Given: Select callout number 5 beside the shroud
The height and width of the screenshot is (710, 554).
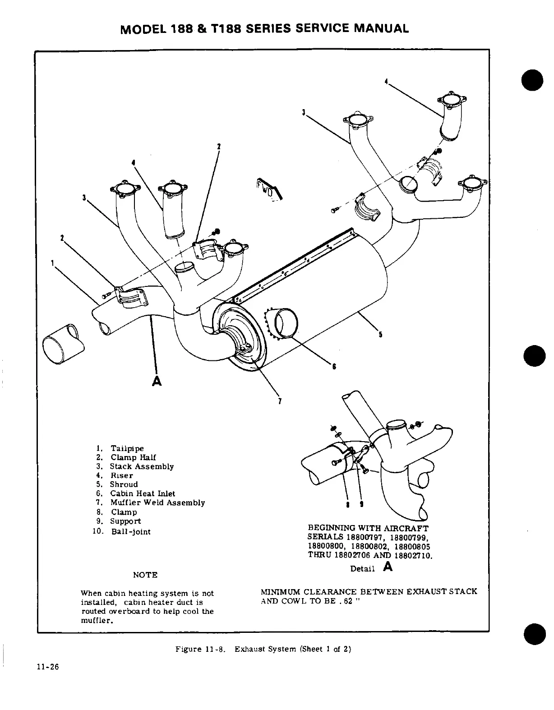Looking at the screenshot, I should click(380, 335).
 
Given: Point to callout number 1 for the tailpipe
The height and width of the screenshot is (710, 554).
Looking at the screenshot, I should click(53, 262).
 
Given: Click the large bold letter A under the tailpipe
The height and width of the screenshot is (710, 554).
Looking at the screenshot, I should click(157, 381).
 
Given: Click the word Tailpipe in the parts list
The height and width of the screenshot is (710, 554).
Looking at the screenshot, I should click(127, 448).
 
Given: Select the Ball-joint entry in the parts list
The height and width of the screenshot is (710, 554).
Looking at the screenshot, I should click(131, 531).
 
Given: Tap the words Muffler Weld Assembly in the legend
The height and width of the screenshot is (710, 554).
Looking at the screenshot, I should click(157, 503).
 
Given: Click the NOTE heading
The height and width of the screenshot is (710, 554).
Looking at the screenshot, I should click(145, 575).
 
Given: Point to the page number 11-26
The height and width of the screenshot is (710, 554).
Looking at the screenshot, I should click(48, 668).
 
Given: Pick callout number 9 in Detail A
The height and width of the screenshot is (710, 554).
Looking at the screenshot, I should click(362, 504).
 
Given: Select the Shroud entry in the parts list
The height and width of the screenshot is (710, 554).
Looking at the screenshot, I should click(124, 484).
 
